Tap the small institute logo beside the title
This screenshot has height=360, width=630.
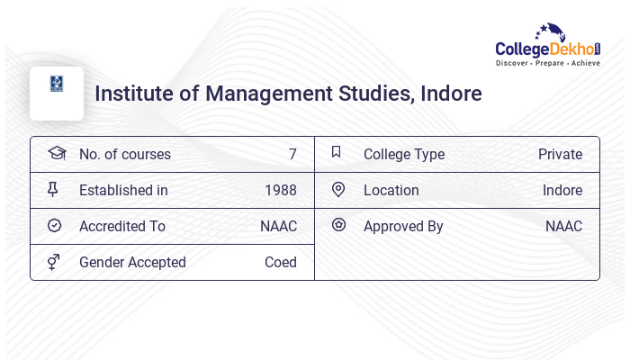(57, 84)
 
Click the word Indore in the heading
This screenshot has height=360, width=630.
(451, 94)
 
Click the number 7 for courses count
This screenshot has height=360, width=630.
(292, 154)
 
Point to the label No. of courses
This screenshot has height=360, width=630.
(124, 154)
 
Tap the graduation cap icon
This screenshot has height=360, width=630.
(57, 153)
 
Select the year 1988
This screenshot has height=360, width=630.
(280, 190)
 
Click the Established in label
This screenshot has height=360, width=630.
(123, 190)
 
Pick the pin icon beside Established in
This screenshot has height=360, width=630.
(53, 189)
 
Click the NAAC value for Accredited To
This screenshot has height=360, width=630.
(278, 226)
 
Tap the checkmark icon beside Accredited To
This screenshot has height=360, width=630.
(54, 226)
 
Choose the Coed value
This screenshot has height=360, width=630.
(280, 262)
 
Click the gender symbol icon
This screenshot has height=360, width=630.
(54, 262)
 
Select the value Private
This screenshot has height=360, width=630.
(560, 154)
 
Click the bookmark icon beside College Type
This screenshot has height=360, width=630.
(336, 152)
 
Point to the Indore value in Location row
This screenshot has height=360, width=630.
(562, 190)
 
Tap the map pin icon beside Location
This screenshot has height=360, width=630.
(338, 189)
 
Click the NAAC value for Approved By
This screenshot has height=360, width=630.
(563, 226)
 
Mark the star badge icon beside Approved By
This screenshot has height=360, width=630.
(338, 225)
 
